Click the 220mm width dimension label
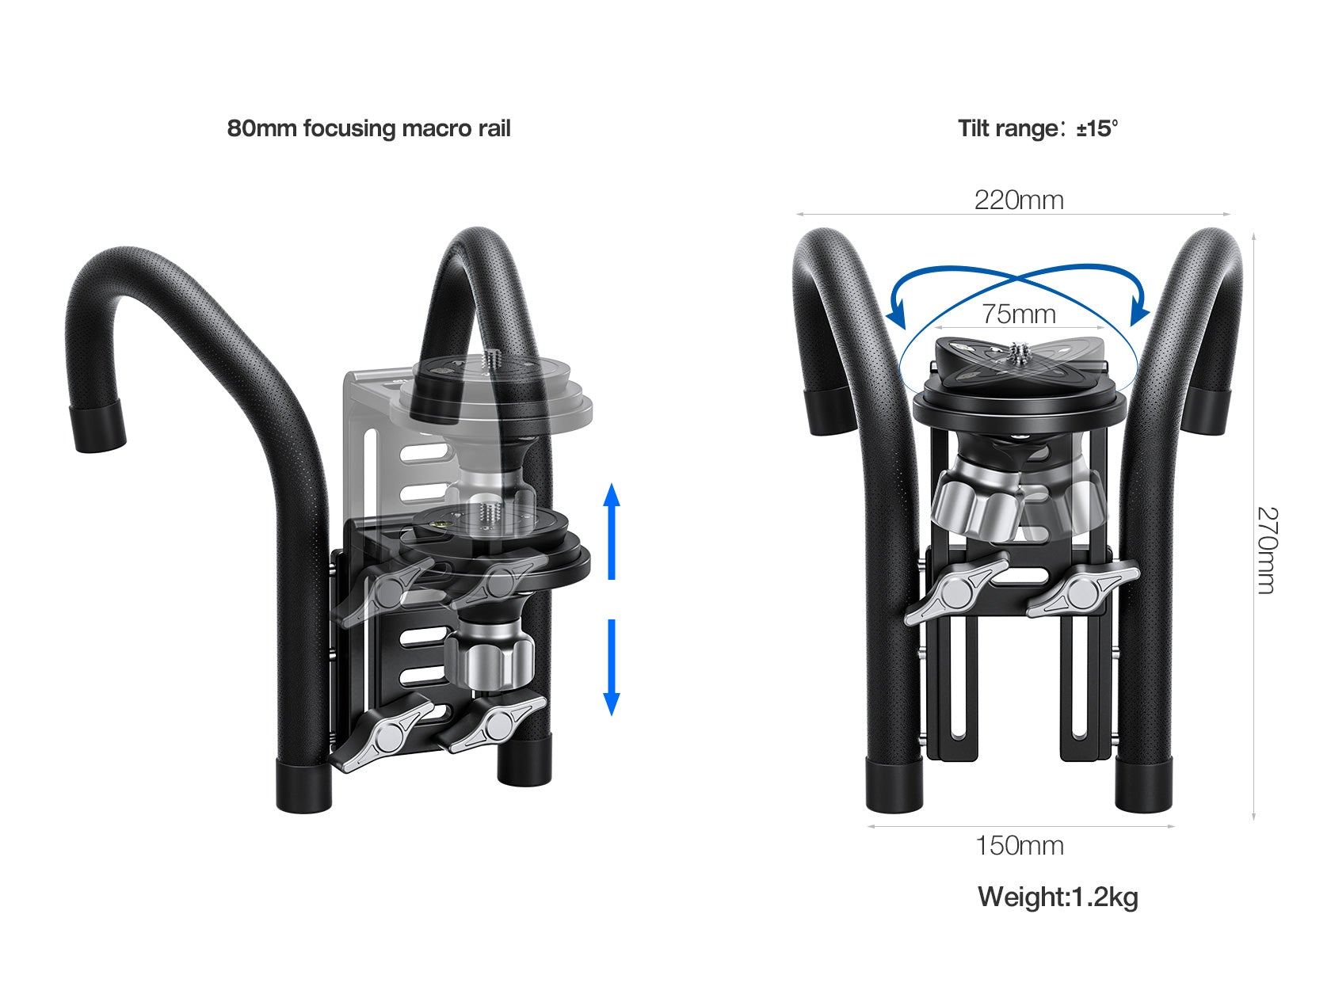[1019, 200]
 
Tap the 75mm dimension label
[1019, 314]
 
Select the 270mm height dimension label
[1266, 550]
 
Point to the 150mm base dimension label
[1019, 845]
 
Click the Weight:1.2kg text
[1058, 897]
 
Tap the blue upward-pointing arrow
[611, 531]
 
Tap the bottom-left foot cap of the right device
[894, 784]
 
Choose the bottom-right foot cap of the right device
[1143, 784]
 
